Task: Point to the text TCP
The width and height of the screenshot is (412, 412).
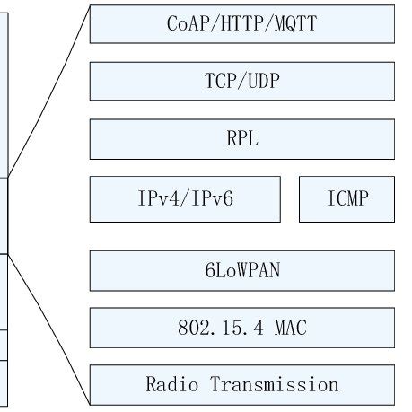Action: click(220, 81)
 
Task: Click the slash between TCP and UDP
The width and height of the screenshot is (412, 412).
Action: click(241, 81)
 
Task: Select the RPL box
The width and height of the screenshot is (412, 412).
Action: click(241, 139)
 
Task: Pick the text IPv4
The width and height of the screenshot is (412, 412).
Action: click(154, 199)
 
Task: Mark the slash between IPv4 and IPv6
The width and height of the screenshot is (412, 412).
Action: click(183, 199)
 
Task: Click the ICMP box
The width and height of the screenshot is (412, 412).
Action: click(346, 199)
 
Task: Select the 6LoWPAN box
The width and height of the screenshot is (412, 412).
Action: click(241, 270)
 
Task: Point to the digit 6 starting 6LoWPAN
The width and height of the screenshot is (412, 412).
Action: click(209, 270)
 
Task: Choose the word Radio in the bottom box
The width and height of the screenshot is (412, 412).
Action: click(171, 385)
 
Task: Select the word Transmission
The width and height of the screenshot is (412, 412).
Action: click(275, 385)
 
